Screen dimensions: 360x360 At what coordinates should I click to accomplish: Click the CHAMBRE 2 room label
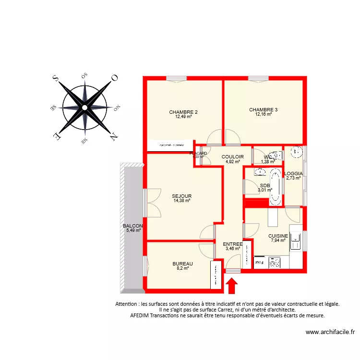(x=183, y=112)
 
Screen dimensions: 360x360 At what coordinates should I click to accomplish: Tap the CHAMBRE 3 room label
(x=264, y=110)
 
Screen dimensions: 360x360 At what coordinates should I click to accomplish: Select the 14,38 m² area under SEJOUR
(x=182, y=201)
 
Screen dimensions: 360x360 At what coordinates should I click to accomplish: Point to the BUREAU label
(x=183, y=264)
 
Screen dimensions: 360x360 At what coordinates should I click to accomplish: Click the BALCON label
(x=132, y=226)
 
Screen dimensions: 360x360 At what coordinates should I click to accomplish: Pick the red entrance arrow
(x=232, y=286)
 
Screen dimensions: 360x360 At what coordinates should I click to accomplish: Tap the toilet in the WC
(x=276, y=156)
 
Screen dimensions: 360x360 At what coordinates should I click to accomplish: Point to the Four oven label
(x=260, y=263)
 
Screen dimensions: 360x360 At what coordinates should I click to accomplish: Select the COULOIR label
(x=233, y=157)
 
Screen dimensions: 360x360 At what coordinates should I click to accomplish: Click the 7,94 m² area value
(x=278, y=240)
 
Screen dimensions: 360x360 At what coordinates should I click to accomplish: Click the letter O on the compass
(x=114, y=78)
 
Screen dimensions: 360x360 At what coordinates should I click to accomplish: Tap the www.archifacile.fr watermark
(x=330, y=332)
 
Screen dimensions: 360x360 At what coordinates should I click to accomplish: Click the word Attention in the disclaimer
(x=127, y=304)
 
